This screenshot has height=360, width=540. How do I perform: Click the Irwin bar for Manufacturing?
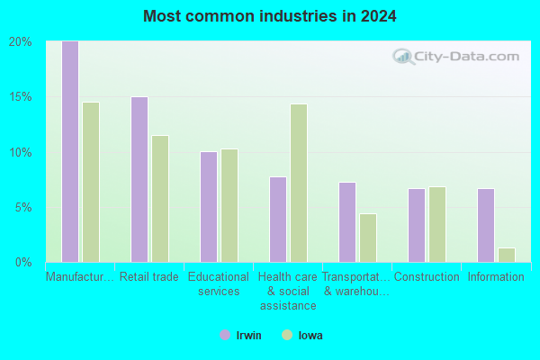point(70,151)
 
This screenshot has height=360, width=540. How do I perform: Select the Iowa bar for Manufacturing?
point(91,182)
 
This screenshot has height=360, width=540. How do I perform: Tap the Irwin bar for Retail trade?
point(139,179)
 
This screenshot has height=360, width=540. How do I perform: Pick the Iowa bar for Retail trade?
point(160,199)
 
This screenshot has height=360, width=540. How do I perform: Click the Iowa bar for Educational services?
point(229,206)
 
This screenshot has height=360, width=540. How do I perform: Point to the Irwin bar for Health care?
point(278,220)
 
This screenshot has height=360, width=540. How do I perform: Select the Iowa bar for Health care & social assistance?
point(299,184)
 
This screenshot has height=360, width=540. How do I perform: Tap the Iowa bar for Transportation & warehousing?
point(368,238)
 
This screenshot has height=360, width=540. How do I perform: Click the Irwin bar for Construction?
point(417,225)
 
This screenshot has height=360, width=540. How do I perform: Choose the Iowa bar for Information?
point(507,256)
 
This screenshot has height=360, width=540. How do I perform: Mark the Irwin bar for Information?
point(486,225)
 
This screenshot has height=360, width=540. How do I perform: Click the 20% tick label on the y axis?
point(21,42)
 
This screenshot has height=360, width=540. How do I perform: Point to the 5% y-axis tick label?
point(23,208)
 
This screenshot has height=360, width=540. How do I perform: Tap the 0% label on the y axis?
point(23,263)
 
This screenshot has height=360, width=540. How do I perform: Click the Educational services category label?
point(219,283)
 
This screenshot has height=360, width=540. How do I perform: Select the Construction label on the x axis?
point(427,276)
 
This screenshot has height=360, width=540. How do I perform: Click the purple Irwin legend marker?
point(225,335)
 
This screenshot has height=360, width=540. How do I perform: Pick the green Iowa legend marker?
point(287,335)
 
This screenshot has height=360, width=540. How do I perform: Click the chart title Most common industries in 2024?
point(270,16)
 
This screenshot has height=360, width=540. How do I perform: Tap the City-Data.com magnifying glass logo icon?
point(403,57)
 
